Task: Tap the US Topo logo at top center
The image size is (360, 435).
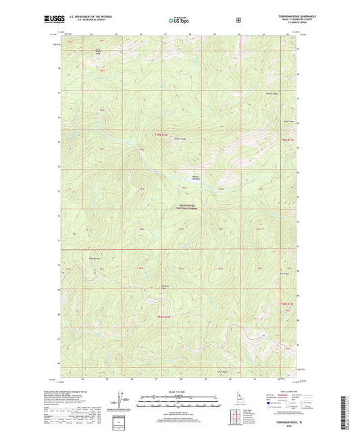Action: pos(179,20)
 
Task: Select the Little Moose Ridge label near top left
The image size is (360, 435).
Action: pos(98,51)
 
